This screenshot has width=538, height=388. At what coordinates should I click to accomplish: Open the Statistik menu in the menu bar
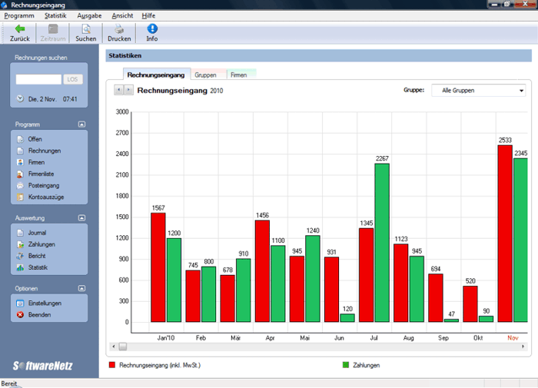[x=55, y=15]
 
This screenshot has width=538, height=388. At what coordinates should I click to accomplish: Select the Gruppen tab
[x=205, y=75]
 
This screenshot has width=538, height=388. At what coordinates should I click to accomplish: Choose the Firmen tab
[x=239, y=75]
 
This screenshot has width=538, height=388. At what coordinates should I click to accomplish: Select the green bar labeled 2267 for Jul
[x=382, y=242]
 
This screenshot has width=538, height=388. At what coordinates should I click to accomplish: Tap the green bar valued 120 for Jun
[x=347, y=317]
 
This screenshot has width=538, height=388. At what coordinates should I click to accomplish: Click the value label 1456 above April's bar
[x=262, y=216]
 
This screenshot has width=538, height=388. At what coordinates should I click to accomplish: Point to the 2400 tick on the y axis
[x=121, y=154]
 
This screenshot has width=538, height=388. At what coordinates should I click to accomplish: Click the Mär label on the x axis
[x=235, y=337]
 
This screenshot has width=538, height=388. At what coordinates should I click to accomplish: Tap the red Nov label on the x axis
[x=513, y=337]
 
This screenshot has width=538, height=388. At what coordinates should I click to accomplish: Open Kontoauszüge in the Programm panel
[x=45, y=197]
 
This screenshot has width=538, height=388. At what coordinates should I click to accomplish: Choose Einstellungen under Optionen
[x=45, y=303]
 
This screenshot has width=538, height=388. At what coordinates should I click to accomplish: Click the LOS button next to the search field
[x=74, y=79]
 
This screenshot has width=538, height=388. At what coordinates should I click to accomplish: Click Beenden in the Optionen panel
[x=40, y=315]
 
